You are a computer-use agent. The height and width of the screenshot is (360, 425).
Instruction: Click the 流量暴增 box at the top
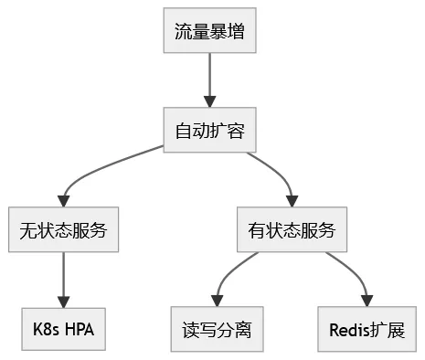point(210,32)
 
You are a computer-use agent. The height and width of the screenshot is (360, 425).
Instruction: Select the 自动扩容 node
point(210,131)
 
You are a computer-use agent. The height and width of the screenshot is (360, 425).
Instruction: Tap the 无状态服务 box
point(63,230)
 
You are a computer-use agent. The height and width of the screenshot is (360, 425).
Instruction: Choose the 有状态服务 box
point(292,230)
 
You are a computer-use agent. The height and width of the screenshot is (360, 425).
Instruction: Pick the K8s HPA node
point(63,329)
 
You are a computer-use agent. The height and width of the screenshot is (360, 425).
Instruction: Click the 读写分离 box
point(217,329)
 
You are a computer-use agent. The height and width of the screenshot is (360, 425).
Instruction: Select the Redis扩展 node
point(367,329)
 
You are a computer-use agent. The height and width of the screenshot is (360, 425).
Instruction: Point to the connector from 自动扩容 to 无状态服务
point(101,176)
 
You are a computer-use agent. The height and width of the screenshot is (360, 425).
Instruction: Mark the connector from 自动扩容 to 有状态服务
point(274,174)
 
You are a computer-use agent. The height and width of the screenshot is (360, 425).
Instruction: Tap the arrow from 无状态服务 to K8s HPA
point(63,279)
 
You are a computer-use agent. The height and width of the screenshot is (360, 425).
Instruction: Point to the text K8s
point(45,329)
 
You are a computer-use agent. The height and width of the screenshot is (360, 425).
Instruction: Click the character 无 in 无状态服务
point(27,230)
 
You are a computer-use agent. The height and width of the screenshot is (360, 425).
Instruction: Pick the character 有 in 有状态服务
point(256,230)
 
